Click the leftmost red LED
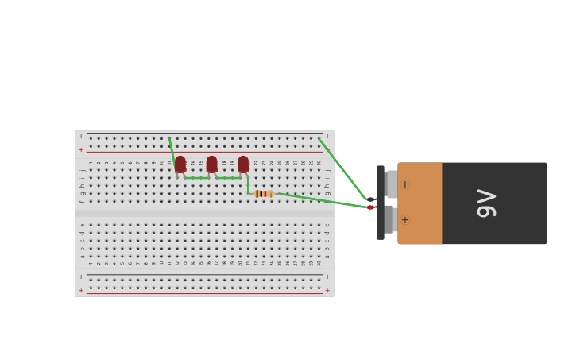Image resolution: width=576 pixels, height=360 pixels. coord(180,164)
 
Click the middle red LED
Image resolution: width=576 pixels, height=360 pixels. coord(211,164)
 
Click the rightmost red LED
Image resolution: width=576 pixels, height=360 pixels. coord(243,164)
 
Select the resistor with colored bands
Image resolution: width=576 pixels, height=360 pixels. coord(264,194)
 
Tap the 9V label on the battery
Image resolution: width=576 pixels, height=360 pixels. coord(486,203)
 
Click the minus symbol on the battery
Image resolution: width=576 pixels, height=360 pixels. coord(405,184)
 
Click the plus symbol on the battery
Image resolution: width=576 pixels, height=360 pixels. coord(405,220)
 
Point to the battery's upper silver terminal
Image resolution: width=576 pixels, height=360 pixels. coord(392,184)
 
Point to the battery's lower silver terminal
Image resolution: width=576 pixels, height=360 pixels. coord(389,219)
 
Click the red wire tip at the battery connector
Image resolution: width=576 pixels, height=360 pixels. coord(371,207)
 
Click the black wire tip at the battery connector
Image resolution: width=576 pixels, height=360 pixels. coord(371,199)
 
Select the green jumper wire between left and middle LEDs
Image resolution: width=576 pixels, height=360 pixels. coord(196,178)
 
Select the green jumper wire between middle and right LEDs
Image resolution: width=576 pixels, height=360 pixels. coord(227,178)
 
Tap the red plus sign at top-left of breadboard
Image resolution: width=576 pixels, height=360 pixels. coord(81,149)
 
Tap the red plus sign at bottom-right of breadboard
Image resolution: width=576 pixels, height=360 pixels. coord(327,291)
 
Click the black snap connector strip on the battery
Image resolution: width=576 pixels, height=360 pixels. coord(381,203)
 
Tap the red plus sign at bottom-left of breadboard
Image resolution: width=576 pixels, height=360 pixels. coord(81,291)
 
